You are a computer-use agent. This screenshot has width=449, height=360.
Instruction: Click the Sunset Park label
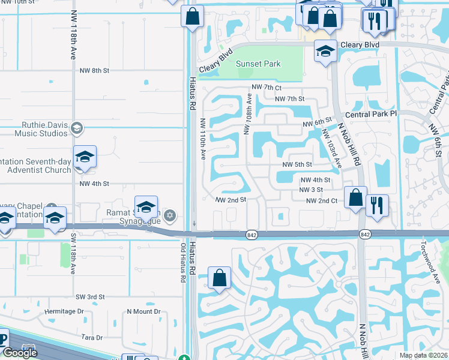[x=258, y=64]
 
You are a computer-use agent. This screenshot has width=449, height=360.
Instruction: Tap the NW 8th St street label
[x=94, y=70]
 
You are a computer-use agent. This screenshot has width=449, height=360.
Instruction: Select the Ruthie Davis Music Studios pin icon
[x=76, y=128]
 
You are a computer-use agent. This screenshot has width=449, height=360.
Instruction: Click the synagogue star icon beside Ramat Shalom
[x=170, y=215]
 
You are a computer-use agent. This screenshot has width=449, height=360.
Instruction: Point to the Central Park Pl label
[x=371, y=113]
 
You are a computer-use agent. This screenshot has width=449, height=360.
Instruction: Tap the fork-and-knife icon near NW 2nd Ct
[x=377, y=205]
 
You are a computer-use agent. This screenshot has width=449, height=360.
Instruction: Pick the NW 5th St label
[x=297, y=164]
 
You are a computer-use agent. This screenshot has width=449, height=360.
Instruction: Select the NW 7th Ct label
[x=267, y=88]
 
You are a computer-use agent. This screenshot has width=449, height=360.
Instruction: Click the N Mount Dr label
[x=143, y=312]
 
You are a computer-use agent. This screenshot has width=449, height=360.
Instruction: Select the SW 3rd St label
[x=90, y=297]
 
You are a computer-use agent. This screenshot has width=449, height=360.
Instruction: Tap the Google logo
[x=20, y=353]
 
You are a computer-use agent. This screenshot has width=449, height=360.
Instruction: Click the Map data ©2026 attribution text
[x=424, y=355]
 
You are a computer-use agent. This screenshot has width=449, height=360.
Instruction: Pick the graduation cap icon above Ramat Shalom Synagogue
[x=146, y=207]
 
